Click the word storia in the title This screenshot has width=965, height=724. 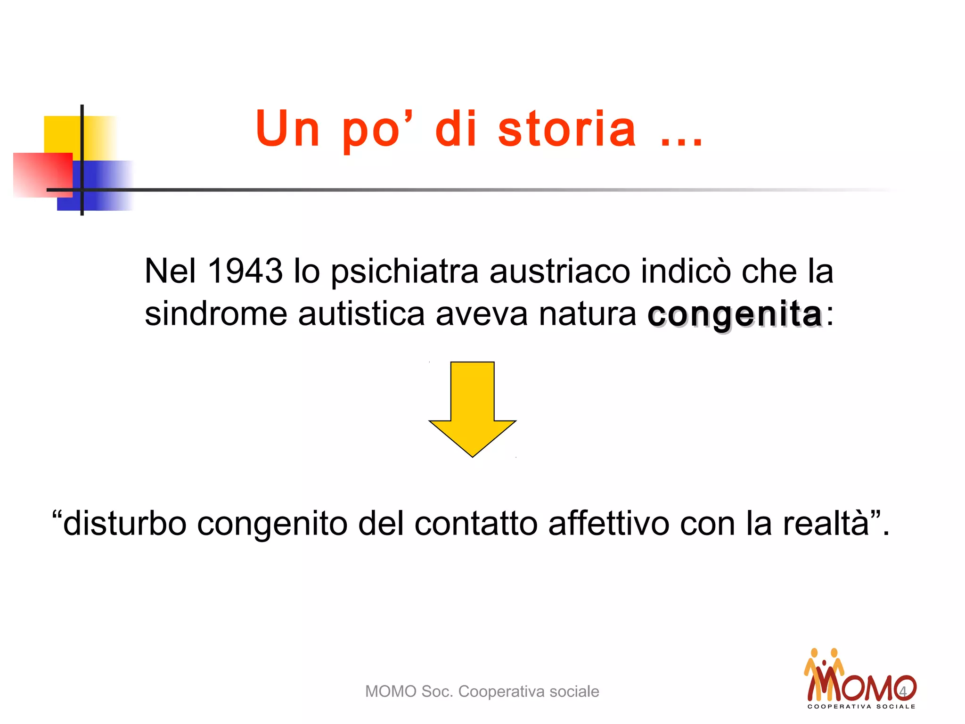point(567,129)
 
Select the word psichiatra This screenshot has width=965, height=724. point(405,272)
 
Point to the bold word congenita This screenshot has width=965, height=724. point(735,314)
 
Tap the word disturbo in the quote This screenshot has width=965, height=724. point(125,523)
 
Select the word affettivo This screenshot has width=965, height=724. point(608,523)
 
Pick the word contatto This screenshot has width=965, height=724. point(476,523)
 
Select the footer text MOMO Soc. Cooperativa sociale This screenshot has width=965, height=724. point(482,691)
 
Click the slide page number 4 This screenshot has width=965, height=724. point(903,691)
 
